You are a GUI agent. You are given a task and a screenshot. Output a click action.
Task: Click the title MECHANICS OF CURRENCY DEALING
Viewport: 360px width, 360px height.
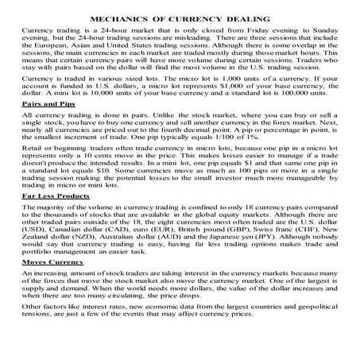(180, 15)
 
